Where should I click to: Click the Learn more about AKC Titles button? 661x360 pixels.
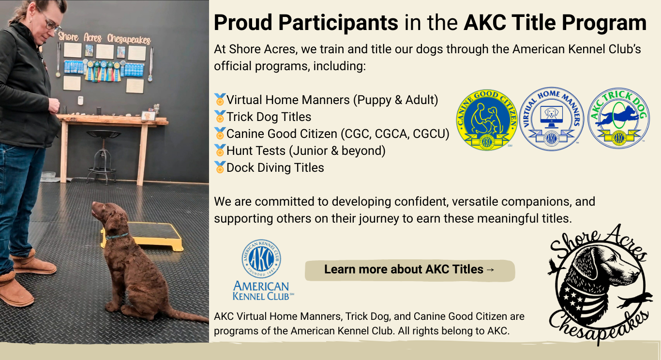tap(410, 270)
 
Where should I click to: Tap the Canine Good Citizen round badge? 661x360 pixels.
tap(487, 120)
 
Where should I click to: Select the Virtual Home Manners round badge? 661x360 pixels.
tap(552, 119)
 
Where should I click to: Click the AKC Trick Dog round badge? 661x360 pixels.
tap(619, 118)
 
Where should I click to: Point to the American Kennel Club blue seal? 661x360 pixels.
tap(261, 258)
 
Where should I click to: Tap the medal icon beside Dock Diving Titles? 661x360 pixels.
tap(220, 167)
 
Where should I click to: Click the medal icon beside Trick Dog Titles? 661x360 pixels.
tap(220, 117)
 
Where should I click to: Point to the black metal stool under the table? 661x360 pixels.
tap(103, 156)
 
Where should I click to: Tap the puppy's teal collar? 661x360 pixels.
tap(117, 236)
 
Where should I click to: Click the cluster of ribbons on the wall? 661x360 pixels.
tap(103, 71)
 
